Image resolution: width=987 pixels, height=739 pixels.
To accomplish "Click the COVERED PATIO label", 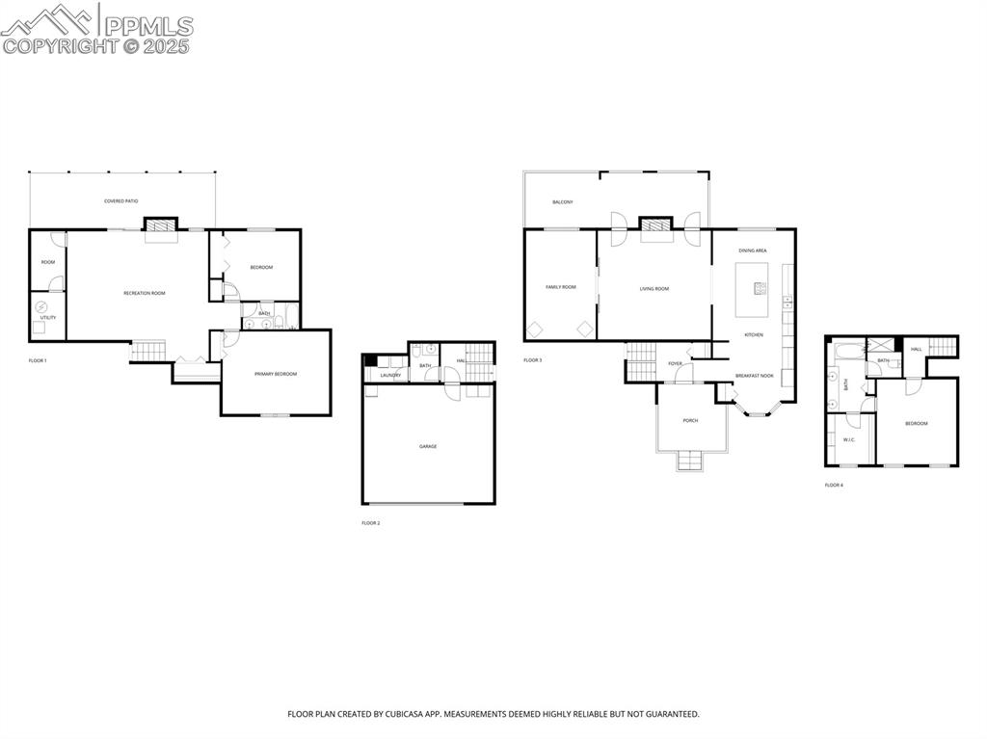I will point(121,201).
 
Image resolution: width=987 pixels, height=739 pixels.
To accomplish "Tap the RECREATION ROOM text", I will point(145,293).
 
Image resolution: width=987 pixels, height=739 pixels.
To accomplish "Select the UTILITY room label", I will point(48,317).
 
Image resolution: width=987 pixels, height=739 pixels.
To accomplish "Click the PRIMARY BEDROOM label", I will point(276,374).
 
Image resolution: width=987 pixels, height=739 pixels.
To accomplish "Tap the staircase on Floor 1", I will point(148,352).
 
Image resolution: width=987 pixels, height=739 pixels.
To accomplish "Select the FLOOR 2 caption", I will point(371,523).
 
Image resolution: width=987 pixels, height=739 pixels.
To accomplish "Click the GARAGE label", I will point(428,446).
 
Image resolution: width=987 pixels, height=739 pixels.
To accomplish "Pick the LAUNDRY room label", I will point(389,375).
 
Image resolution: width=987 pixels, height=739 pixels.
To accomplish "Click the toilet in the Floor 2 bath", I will point(430,353).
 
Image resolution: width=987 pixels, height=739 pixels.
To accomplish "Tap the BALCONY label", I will point(563,202).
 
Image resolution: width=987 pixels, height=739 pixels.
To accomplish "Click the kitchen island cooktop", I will point(760,288).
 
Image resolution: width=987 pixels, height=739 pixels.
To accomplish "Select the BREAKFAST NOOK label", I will point(754,376).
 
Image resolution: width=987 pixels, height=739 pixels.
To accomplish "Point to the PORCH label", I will point(690,420).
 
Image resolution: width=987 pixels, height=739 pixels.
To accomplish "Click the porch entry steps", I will point(690,462).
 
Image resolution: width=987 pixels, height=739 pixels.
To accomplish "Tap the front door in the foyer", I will point(683,375).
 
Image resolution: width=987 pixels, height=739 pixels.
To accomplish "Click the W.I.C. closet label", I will point(849,440).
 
